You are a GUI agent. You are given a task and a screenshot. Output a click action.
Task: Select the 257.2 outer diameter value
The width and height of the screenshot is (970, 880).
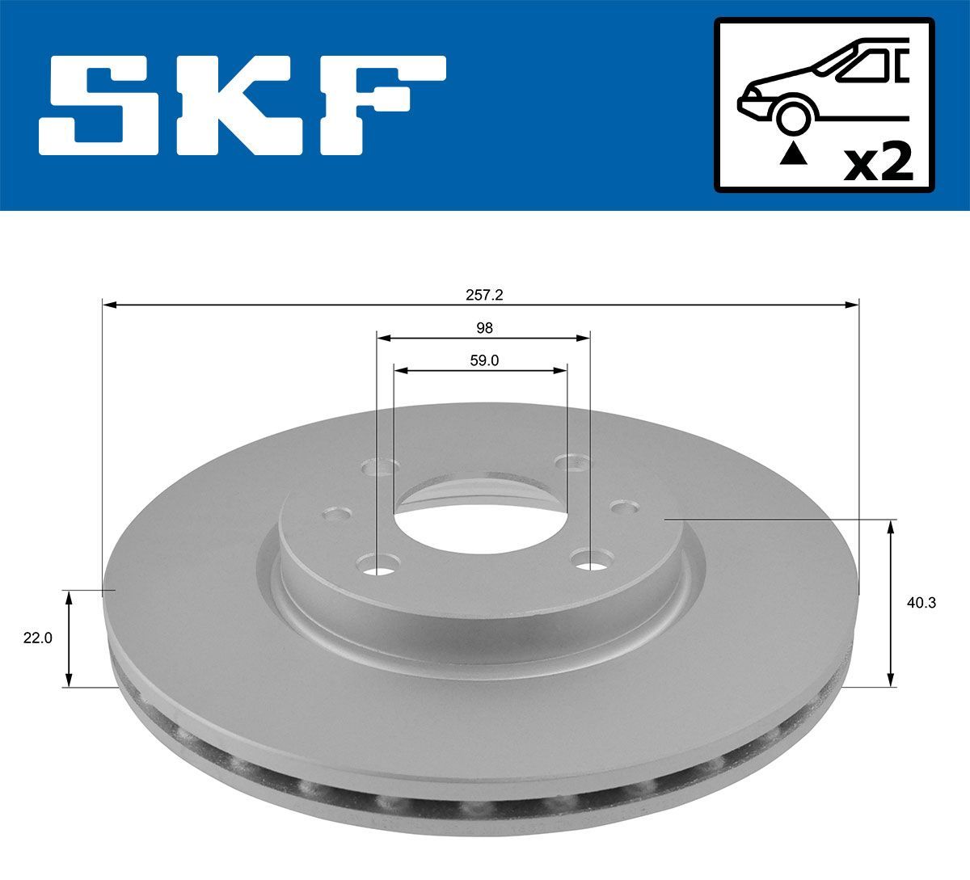pos(484,295)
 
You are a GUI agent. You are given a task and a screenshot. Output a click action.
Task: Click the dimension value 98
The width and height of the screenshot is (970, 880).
pos(484,328)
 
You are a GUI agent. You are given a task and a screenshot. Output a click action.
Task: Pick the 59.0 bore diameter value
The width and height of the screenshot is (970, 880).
pos(484,361)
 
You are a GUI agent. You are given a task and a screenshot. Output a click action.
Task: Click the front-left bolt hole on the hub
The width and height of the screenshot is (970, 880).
pos(378,563)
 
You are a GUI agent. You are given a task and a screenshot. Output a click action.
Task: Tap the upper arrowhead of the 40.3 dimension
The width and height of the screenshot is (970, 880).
pos(891,527)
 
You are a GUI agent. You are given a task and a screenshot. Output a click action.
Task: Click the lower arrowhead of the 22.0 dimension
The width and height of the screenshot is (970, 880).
pos(69,680)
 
